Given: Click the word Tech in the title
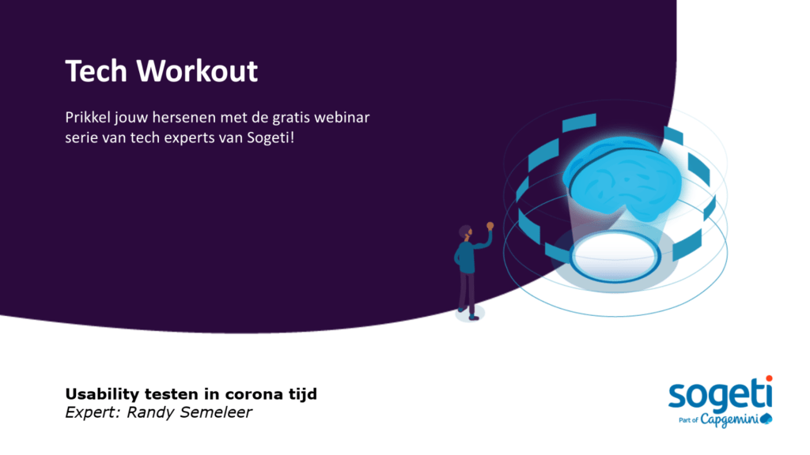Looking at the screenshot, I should coord(97,71).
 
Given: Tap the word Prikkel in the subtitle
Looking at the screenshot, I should coord(88,118).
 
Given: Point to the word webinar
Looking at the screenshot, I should coord(345,118).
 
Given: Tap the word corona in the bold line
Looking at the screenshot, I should coord(223,394).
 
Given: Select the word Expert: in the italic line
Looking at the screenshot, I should coord(89,412).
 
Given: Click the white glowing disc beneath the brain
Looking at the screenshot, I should coord(615,256).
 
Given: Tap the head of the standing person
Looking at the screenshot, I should coord(465,232).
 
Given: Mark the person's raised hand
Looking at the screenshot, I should coord(490,226).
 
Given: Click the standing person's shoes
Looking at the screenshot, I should coord(469,315).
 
